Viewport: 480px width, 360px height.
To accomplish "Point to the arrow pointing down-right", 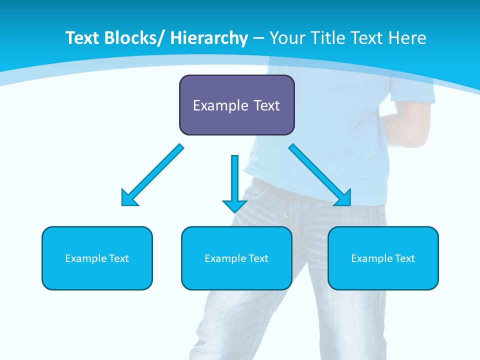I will [320, 175].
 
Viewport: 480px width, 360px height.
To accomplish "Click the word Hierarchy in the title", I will [209, 38].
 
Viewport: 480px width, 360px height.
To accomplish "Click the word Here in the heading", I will [407, 38].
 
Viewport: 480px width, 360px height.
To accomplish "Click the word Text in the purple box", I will [265, 105].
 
